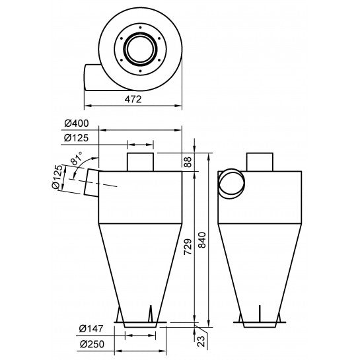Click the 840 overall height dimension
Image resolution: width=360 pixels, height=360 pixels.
pos(202,242)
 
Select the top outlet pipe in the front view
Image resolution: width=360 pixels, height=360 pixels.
pos(139,161)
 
